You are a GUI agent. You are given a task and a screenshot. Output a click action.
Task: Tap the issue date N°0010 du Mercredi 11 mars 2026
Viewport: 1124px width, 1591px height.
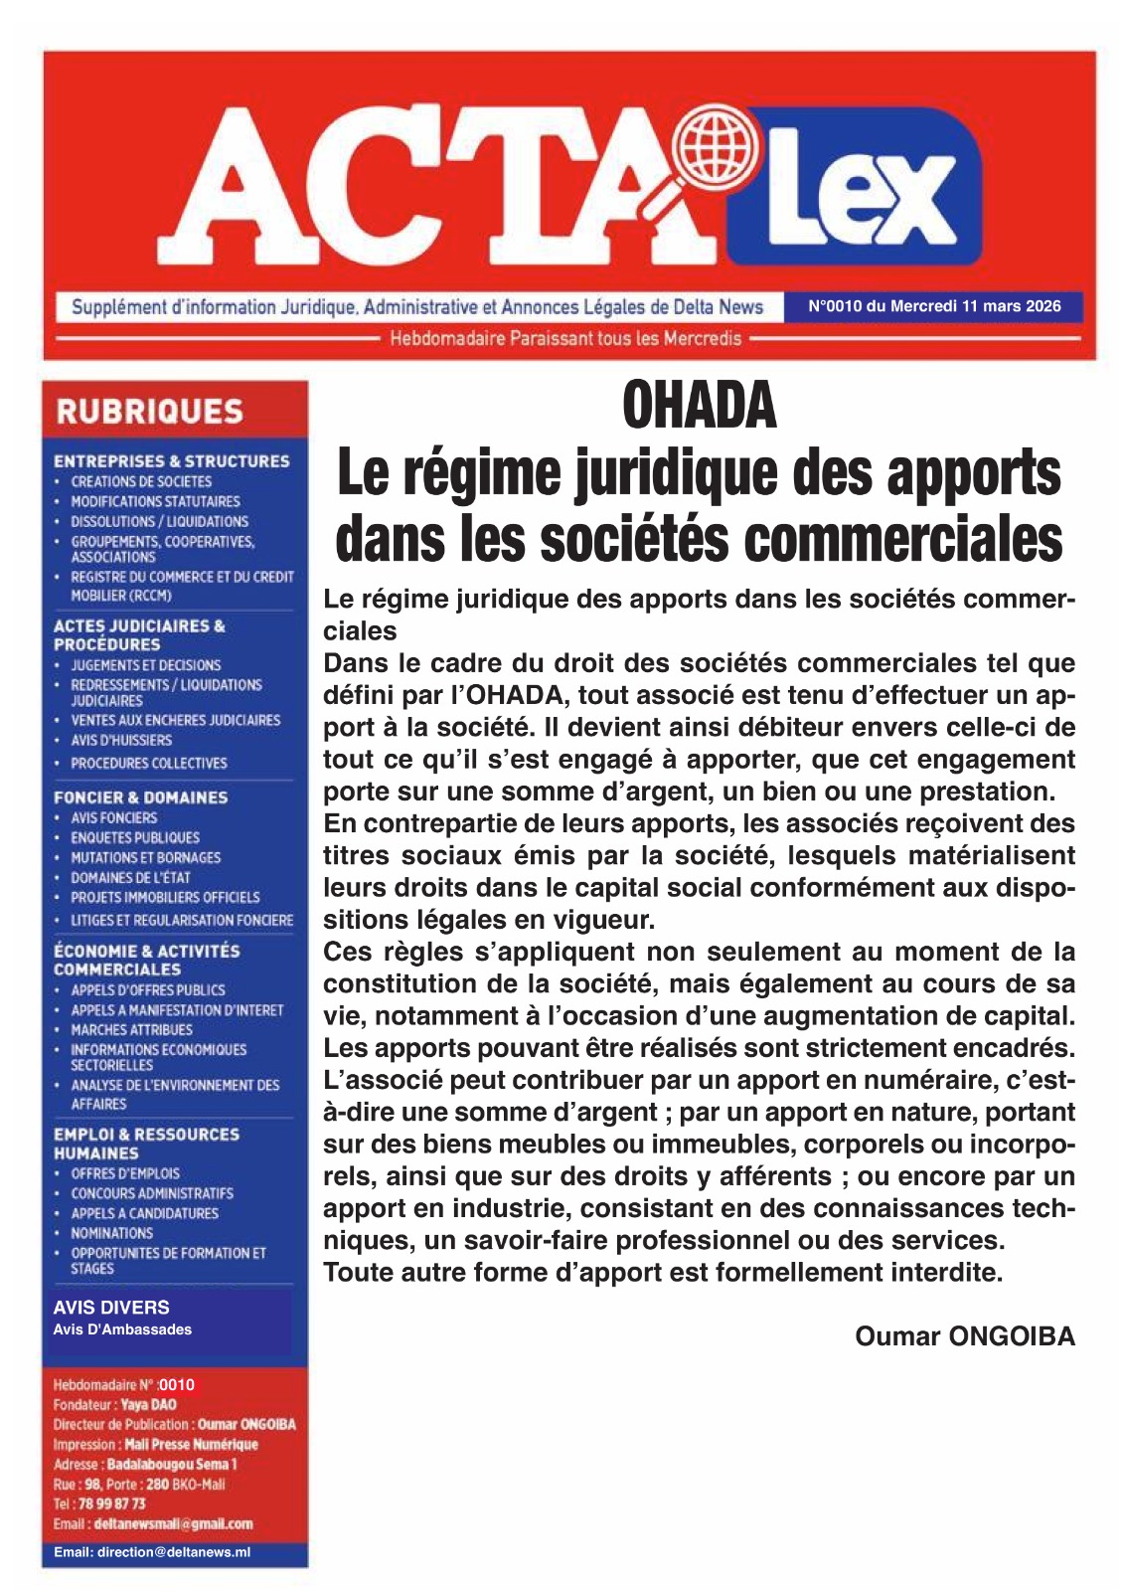[934, 306]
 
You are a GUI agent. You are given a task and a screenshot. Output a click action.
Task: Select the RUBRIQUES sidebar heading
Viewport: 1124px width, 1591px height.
[150, 412]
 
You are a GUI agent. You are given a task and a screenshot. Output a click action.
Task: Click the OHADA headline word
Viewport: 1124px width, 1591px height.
[699, 407]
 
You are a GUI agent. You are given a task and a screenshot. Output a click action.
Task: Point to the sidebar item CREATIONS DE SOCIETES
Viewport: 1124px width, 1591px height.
[141, 481]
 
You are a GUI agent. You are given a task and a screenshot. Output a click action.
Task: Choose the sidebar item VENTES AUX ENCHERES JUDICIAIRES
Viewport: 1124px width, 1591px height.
[175, 720]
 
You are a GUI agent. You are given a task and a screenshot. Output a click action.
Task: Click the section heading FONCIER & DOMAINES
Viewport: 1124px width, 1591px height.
[140, 797]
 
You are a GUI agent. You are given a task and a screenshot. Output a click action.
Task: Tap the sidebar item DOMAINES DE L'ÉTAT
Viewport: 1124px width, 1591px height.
[130, 877]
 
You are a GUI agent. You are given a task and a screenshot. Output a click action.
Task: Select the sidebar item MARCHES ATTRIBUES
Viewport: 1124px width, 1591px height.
[131, 1029]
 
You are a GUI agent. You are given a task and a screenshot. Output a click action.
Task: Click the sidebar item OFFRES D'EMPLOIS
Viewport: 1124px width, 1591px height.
[125, 1173]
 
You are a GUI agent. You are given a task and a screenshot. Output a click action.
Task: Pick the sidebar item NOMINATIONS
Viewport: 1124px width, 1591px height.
[111, 1233]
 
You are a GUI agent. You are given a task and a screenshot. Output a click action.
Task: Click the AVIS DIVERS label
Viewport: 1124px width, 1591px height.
[111, 1308]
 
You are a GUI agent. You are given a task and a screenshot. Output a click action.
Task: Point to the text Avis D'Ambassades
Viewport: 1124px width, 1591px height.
[122, 1329]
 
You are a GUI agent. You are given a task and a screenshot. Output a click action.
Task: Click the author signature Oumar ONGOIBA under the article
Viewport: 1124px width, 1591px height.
[965, 1335]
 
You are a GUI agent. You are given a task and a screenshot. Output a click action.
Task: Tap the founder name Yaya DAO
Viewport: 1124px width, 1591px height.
[149, 1405]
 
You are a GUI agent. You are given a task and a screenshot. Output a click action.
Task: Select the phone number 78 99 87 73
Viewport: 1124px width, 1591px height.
[111, 1503]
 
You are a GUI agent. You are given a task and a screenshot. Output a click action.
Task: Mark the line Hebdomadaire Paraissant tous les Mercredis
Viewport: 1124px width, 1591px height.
[565, 338]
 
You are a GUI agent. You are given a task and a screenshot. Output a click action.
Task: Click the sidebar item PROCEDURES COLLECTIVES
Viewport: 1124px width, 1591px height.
[149, 763]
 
